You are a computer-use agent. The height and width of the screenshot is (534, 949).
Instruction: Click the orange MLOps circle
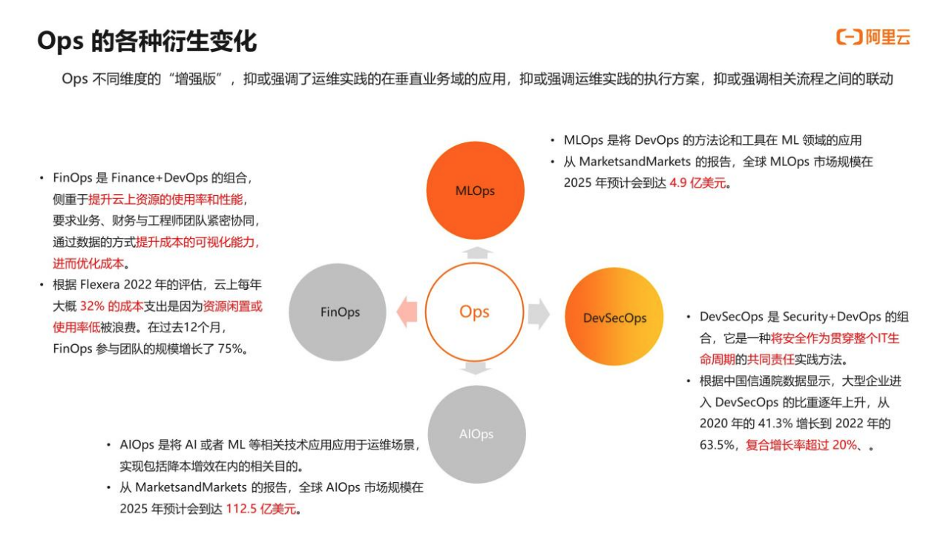[475, 191]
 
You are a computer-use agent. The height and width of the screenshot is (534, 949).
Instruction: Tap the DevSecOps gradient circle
[614, 317]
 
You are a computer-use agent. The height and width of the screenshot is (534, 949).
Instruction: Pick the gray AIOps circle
[476, 434]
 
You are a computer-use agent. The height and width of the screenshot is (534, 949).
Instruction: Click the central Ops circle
[474, 311]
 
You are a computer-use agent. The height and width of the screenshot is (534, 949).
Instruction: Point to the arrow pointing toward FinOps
[407, 312]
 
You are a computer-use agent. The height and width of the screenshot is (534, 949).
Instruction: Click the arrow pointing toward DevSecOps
[539, 313]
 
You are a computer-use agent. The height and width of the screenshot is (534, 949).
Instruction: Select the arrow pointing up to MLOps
[475, 253]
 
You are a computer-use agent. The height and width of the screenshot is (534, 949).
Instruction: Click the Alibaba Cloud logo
[873, 37]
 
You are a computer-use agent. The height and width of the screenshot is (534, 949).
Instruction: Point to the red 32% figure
[92, 306]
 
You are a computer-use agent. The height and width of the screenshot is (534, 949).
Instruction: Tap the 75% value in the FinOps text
[230, 348]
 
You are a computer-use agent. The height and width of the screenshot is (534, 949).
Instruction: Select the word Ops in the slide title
[59, 42]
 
